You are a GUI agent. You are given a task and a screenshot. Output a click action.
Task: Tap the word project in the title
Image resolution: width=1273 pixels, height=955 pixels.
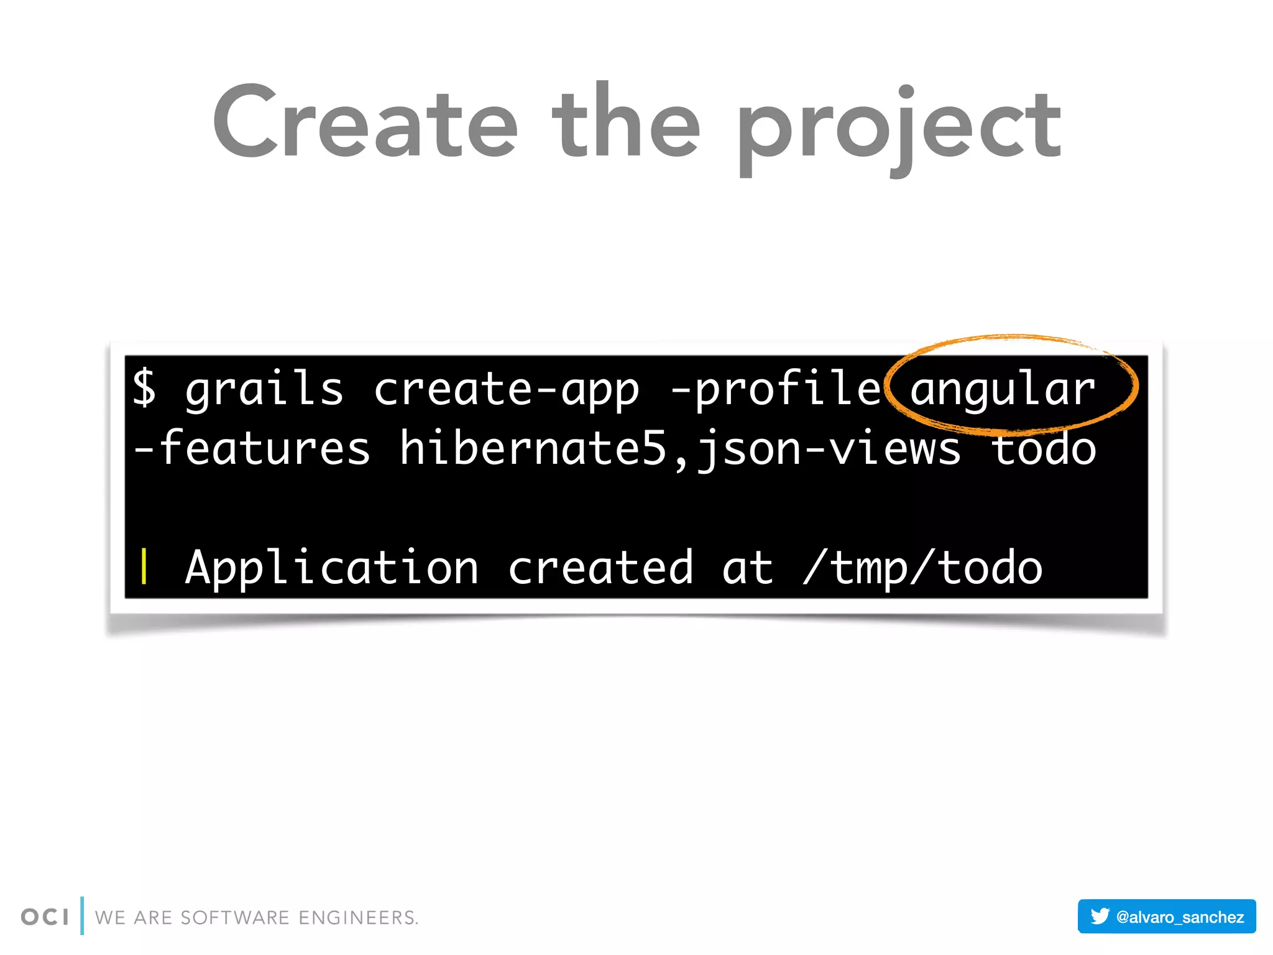point(899,127)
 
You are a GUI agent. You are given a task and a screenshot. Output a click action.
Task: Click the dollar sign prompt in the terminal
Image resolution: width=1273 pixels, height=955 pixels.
point(144,387)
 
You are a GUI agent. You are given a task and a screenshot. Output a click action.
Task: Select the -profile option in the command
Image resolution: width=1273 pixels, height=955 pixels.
point(776,389)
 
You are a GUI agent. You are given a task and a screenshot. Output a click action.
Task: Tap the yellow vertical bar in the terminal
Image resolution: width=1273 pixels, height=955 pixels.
point(144,567)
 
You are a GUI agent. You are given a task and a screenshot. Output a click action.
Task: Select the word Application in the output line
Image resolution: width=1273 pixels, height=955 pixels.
point(332,568)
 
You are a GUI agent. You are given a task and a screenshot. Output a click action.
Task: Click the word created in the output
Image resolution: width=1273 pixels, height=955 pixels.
point(600,568)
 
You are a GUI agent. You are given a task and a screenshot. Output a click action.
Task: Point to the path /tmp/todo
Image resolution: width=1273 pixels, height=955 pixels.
point(922,568)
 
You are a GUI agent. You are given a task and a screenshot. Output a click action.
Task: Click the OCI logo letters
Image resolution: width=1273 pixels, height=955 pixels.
point(45,917)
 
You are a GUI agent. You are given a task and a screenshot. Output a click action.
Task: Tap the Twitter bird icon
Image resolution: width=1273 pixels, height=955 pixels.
point(1100,916)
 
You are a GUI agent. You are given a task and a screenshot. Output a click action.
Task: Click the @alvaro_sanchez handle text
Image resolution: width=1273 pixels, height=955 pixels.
point(1180,917)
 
